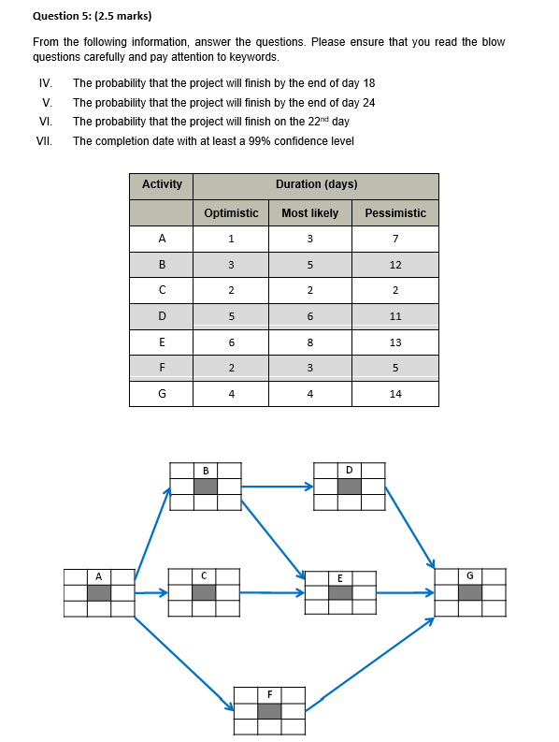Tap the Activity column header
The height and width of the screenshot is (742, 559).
click(x=162, y=184)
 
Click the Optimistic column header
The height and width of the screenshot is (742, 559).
click(x=231, y=213)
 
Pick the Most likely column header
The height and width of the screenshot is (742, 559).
click(x=309, y=213)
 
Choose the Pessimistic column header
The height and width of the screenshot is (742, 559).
click(x=395, y=213)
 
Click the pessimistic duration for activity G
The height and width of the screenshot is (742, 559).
click(x=395, y=394)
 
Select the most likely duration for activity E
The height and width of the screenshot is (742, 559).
click(x=309, y=342)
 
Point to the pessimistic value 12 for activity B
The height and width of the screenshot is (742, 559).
click(x=395, y=265)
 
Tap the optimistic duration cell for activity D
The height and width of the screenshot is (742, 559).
click(x=231, y=316)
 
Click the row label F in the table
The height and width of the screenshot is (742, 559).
click(x=162, y=368)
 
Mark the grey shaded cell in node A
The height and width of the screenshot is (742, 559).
click(x=99, y=592)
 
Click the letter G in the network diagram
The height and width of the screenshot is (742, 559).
click(x=470, y=575)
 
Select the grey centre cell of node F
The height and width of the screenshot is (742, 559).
click(x=269, y=711)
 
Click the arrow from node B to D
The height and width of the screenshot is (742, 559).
click(x=278, y=486)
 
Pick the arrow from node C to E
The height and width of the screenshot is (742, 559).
click(x=271, y=592)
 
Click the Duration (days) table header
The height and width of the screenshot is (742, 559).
click(x=316, y=184)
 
